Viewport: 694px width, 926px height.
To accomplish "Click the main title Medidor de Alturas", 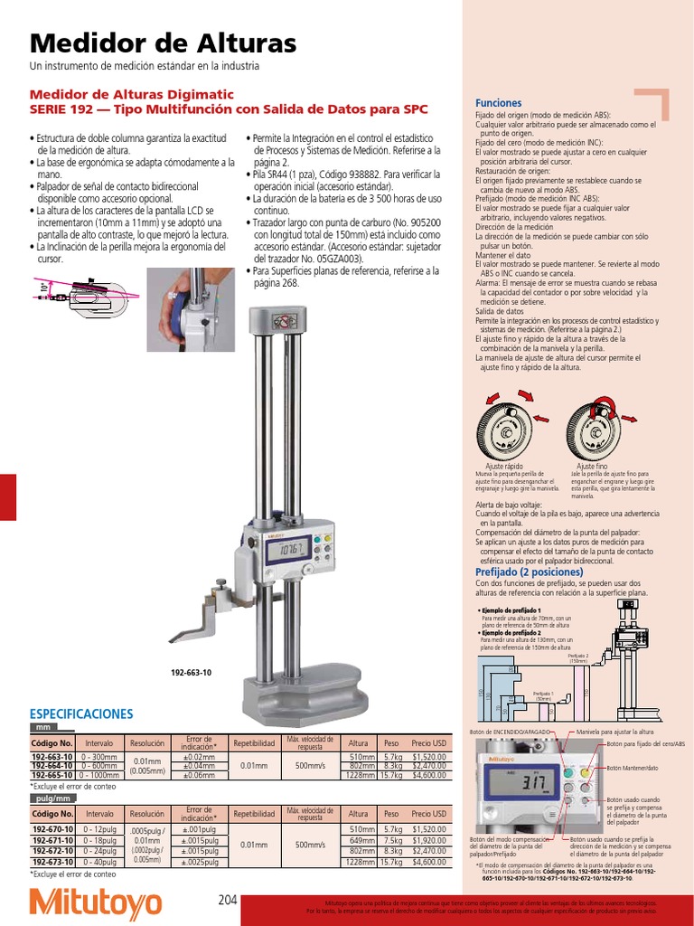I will coord(164,43).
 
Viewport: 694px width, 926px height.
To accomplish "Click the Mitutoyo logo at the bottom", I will coord(96,903).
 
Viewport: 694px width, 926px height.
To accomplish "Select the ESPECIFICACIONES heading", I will coord(81,713).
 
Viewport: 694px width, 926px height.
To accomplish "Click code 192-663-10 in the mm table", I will coord(52,757).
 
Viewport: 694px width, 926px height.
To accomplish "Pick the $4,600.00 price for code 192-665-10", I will coord(428,775).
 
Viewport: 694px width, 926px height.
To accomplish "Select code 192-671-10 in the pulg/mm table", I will coord(52,840).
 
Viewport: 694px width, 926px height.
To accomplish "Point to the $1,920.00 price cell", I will coord(428,840).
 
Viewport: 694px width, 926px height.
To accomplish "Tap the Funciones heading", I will coord(498,103).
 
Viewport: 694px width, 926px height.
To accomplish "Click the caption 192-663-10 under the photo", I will coord(192,673).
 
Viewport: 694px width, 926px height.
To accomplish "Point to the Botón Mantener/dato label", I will coord(633,768).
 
